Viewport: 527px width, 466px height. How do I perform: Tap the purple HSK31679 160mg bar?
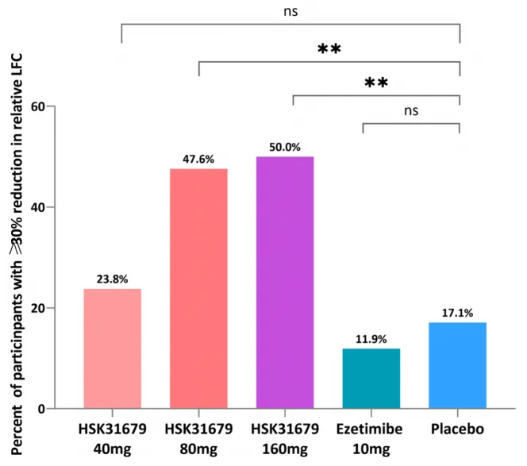coord(285,283)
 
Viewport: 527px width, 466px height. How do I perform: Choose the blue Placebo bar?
coord(457,365)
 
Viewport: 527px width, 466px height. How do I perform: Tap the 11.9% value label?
coord(371,339)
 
